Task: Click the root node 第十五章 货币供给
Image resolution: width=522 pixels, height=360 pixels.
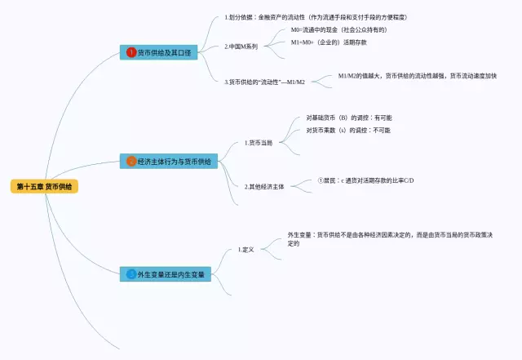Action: [x=45, y=187]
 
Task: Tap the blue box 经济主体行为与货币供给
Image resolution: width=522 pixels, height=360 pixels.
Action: [x=169, y=162]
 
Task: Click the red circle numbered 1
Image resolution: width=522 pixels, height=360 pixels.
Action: [x=130, y=53]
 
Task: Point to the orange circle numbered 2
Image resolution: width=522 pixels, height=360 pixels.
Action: [x=130, y=162]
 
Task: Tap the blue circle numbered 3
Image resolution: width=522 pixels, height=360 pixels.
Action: [x=131, y=274]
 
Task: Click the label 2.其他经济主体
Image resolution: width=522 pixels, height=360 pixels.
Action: [x=264, y=186]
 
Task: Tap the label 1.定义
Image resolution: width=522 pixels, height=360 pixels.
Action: [x=246, y=249]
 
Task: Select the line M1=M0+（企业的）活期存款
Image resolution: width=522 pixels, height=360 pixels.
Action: [x=334, y=42]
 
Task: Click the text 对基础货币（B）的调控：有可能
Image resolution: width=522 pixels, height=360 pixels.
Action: [x=348, y=118]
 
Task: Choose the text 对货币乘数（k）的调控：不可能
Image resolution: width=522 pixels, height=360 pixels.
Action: [x=348, y=130]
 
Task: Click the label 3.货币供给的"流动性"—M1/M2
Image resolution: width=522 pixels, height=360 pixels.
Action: [x=264, y=82]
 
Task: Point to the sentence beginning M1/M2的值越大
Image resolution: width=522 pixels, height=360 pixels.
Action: [x=417, y=76]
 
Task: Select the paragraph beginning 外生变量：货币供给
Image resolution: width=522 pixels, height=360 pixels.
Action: [x=396, y=238]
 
